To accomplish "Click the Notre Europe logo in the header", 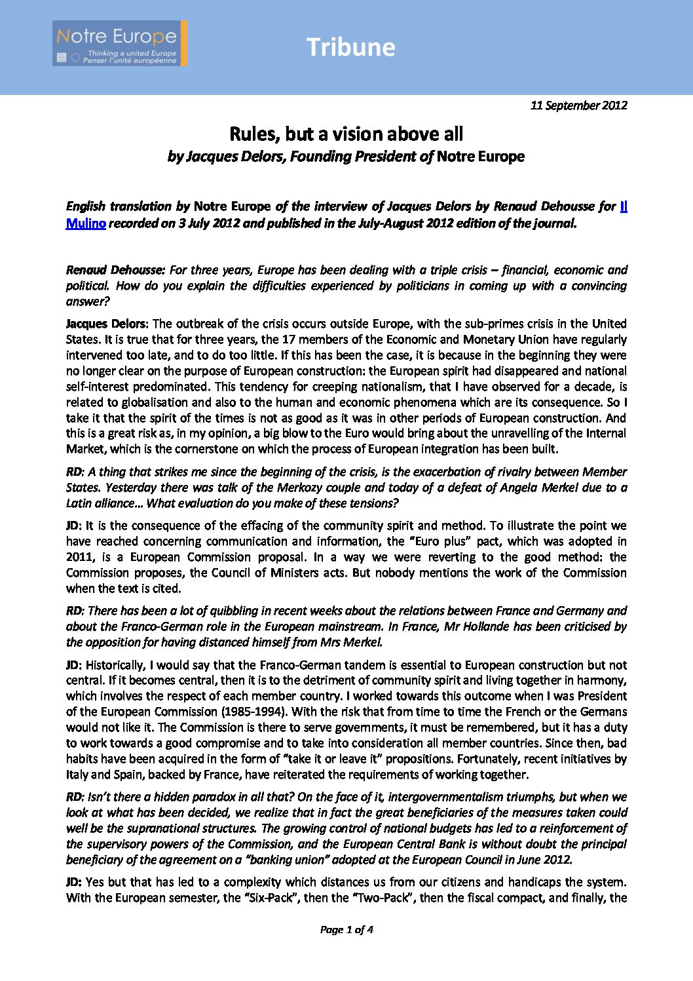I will (120, 43).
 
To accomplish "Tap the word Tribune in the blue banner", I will (350, 47).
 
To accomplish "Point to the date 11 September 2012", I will (578, 106).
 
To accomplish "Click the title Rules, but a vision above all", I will (346, 134).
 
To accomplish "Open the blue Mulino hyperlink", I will (86, 223).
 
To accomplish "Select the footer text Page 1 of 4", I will (346, 929).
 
